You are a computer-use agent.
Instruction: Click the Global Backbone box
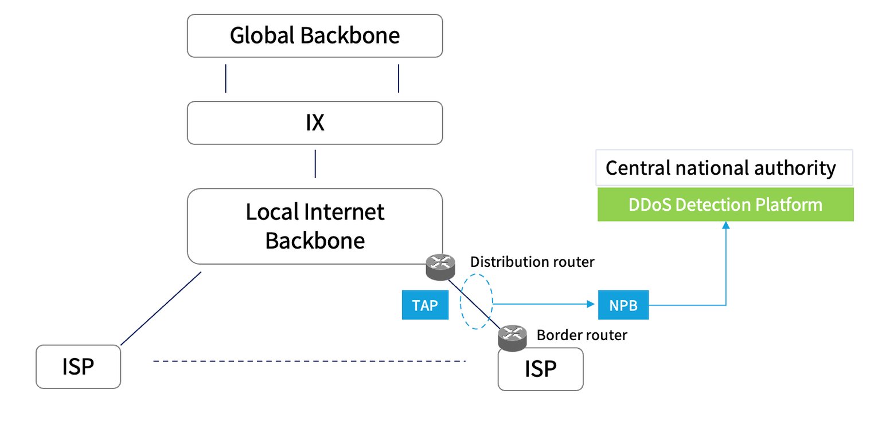315,36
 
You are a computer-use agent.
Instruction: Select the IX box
315,123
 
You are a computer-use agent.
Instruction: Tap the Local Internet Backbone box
315,226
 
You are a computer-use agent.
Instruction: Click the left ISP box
78,367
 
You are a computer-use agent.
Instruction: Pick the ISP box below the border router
540,369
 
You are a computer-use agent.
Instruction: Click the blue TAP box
425,305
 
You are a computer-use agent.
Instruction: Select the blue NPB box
623,305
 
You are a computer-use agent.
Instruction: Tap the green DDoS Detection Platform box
725,204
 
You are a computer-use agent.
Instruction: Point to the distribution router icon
440,266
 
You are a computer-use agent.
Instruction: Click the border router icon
512,337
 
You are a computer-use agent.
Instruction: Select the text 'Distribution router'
532,262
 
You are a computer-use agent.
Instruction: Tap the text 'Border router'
582,335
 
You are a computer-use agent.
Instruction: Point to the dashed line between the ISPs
310,361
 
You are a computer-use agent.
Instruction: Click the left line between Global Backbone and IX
225,78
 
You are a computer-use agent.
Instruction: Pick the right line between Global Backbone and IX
399,78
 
